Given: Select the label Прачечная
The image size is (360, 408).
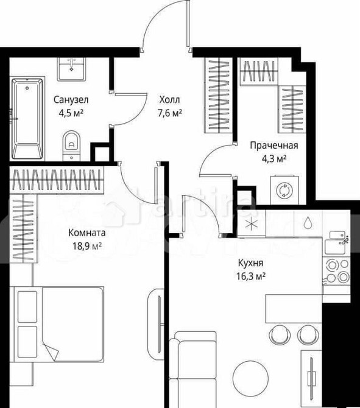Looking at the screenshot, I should pyautogui.click(x=274, y=145).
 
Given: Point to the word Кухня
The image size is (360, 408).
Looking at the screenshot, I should pyautogui.click(x=250, y=263).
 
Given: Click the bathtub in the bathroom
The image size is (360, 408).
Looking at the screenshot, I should pyautogui.click(x=28, y=119).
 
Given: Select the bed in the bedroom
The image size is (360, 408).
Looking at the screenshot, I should pyautogui.click(x=61, y=323).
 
